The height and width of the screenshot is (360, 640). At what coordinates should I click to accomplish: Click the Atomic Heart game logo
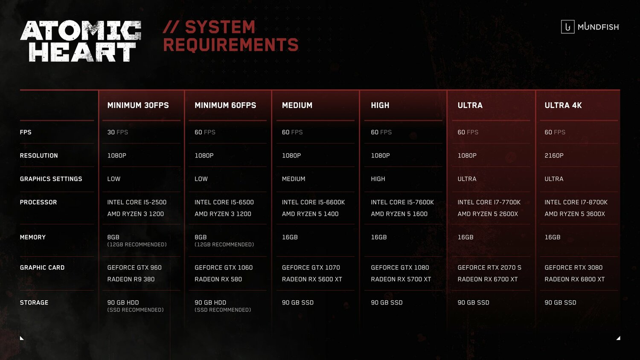pyautogui.click(x=80, y=41)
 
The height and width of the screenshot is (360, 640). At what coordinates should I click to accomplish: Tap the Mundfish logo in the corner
pyautogui.click(x=590, y=27)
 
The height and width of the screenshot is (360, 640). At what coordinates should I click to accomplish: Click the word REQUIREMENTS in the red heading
pyautogui.click(x=230, y=45)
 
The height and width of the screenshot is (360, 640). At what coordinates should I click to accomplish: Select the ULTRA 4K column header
pyautogui.click(x=563, y=105)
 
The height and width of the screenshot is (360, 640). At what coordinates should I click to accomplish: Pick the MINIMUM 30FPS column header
pyautogui.click(x=138, y=105)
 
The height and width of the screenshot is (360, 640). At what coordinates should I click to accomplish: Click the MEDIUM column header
pyautogui.click(x=297, y=105)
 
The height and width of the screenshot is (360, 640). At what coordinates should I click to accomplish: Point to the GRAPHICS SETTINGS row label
pyautogui.click(x=51, y=179)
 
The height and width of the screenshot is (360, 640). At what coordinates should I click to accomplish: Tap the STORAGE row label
pyautogui.click(x=34, y=302)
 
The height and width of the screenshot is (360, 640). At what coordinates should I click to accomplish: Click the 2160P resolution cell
pyautogui.click(x=554, y=156)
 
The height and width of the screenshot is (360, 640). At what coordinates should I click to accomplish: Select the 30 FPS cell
pyautogui.click(x=117, y=132)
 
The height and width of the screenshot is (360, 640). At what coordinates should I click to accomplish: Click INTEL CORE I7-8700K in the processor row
pyautogui.click(x=576, y=202)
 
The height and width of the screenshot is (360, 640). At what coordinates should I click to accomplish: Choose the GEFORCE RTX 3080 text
pyautogui.click(x=573, y=267)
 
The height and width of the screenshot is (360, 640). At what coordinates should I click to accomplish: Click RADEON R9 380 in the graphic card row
pyautogui.click(x=131, y=279)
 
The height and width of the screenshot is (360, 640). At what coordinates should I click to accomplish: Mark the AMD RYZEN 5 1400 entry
pyautogui.click(x=310, y=214)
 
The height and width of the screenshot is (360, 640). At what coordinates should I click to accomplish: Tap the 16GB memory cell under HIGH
pyautogui.click(x=378, y=237)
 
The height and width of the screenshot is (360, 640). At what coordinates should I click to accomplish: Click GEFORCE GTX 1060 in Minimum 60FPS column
pyautogui.click(x=223, y=267)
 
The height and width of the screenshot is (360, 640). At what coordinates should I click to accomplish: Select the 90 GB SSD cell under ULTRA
pyautogui.click(x=473, y=302)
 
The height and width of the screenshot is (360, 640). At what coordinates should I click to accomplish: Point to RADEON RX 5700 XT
pyautogui.click(x=401, y=279)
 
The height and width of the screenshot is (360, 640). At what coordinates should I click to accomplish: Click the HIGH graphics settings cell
pyautogui.click(x=378, y=179)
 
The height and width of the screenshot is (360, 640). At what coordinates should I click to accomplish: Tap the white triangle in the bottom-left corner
pyautogui.click(x=21, y=338)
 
